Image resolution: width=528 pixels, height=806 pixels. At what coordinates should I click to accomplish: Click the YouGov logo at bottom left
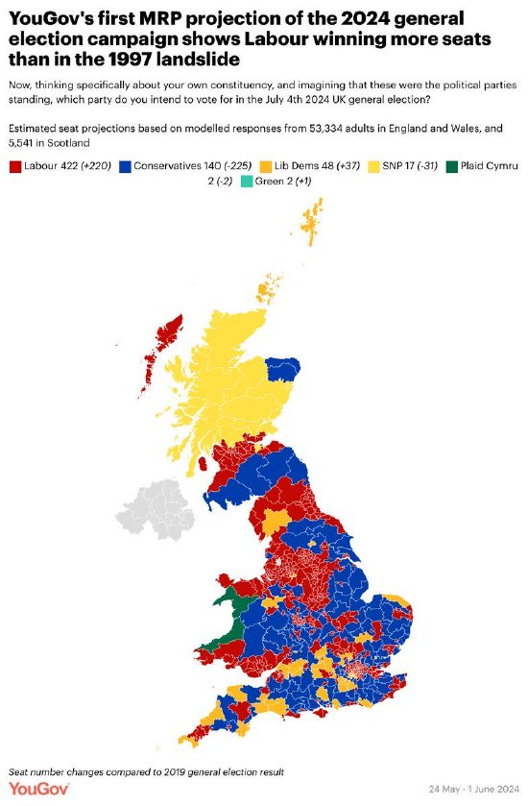(x=36, y=789)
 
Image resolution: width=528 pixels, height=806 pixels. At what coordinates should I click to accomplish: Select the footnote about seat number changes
(x=147, y=770)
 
